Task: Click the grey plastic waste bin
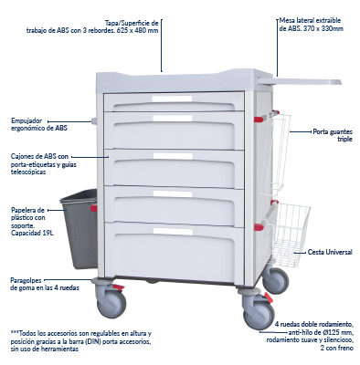[79, 229]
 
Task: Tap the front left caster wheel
[111, 303]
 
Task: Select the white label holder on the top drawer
[173, 99]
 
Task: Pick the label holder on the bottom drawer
[173, 232]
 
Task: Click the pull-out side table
[300, 81]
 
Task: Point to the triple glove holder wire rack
[275, 153]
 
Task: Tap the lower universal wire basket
[287, 235]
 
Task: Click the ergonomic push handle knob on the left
[93, 120]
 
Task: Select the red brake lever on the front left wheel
[118, 287]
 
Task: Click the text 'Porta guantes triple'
[333, 135]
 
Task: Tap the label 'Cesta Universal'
[330, 252]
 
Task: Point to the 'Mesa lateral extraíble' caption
[311, 25]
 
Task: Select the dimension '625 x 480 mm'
[137, 30]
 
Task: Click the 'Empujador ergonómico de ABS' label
[39, 124]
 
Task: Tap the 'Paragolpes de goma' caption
[45, 284]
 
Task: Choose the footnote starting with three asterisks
[80, 341]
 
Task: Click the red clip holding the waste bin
[94, 208]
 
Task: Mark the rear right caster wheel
[276, 280]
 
